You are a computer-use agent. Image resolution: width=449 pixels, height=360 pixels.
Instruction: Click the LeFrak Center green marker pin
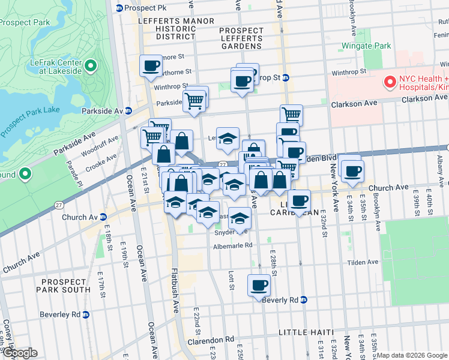pos(91,65)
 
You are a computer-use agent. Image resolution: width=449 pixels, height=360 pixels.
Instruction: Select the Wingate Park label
pos(366,46)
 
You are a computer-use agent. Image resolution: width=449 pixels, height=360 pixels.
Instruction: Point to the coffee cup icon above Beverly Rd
pos(259,284)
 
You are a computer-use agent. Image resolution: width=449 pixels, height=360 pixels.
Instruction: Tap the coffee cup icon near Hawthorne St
pos(151,65)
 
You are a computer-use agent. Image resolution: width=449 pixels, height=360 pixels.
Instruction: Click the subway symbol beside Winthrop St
pos(286,77)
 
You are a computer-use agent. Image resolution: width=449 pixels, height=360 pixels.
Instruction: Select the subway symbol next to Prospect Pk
pos(119,8)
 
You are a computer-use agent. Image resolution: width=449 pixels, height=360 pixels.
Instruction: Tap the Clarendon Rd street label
pos(213,340)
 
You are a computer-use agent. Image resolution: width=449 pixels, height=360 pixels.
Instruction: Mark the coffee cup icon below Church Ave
pos(299,200)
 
